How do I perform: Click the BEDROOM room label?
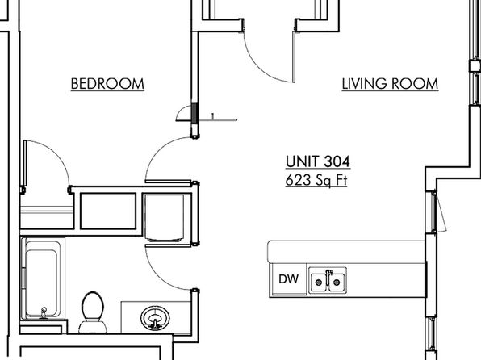107,84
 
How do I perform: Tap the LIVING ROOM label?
390,84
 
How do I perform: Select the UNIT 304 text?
318,161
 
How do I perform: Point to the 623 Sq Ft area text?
316,180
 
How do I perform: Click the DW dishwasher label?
289,279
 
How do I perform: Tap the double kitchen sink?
328,281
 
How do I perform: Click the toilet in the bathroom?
93,312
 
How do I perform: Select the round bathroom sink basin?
155,318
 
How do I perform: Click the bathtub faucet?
44,312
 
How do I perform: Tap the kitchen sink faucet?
328,276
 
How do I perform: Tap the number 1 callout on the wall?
213,116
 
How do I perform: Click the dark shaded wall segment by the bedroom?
194,114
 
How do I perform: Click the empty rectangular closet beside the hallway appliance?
108,211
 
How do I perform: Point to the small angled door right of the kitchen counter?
439,211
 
